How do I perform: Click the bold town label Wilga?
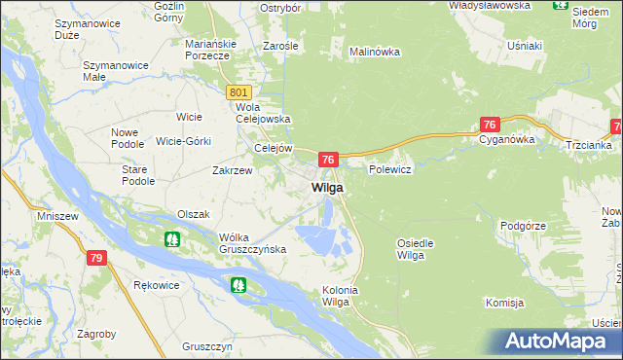pyautogui.click(x=326, y=188)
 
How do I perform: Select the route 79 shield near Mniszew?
pyautogui.click(x=95, y=258)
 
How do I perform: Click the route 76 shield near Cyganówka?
pyautogui.click(x=490, y=125)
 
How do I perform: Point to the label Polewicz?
pyautogui.click(x=391, y=169)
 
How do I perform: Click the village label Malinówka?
pyautogui.click(x=375, y=51)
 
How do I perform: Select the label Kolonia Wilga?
pyautogui.click(x=341, y=296)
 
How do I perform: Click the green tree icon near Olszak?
pyautogui.click(x=171, y=238)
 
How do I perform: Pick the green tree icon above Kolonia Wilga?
pyautogui.click(x=238, y=285)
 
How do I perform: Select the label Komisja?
pyautogui.click(x=505, y=304)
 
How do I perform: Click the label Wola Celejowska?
pyautogui.click(x=265, y=113)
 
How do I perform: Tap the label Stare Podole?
pyautogui.click(x=138, y=175)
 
